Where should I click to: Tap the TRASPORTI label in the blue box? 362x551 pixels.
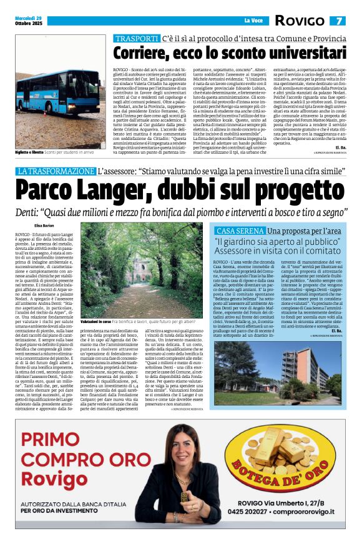(x=137, y=39)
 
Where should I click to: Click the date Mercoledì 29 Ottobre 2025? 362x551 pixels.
(x=29, y=21)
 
